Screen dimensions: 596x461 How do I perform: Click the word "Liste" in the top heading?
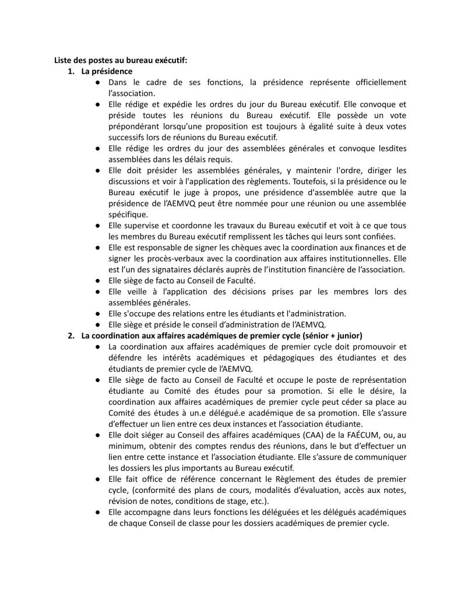(x=64, y=60)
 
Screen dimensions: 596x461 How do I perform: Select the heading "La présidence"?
(x=107, y=71)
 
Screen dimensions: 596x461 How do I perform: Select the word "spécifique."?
(x=128, y=214)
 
